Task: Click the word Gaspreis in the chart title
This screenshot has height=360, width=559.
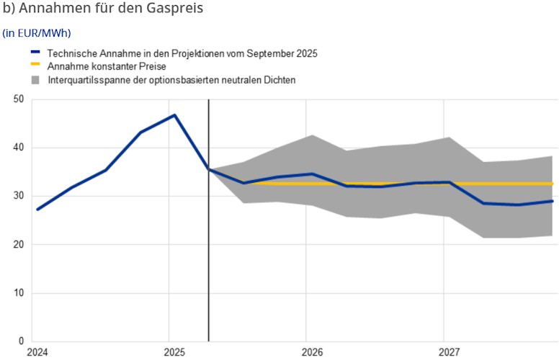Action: [x=171, y=9]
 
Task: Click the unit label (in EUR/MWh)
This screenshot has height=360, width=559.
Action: [x=37, y=33]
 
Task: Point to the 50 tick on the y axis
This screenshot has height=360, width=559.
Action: [x=18, y=99]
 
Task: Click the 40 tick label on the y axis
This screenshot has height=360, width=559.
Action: [x=18, y=148]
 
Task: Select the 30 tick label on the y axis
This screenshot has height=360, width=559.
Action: [x=18, y=196]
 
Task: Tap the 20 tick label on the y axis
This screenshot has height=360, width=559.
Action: [x=18, y=245]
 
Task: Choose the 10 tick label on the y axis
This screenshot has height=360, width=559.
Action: [x=18, y=293]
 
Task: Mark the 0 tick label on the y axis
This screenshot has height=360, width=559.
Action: [x=21, y=341]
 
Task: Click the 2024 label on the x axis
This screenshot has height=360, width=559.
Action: [x=37, y=352]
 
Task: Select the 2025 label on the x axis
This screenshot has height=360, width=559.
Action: [x=174, y=352]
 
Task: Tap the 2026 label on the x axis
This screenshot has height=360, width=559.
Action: [x=312, y=352]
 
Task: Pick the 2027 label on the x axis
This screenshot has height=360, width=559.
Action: [x=450, y=352]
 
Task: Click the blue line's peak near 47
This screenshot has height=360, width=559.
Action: [x=174, y=115]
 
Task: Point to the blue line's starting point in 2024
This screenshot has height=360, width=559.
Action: [x=37, y=209]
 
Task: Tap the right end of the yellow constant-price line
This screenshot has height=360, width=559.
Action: [x=552, y=184]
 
